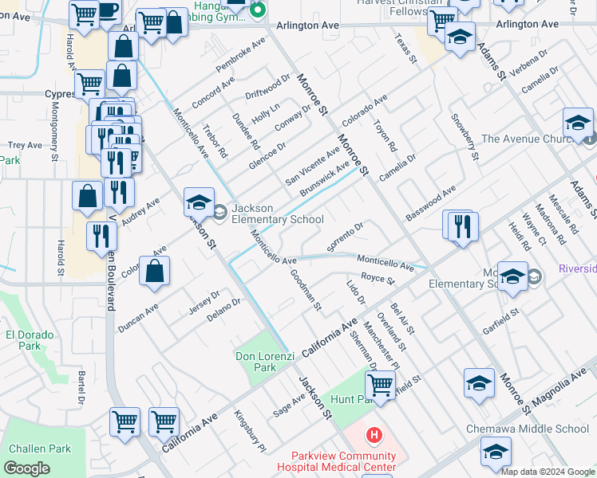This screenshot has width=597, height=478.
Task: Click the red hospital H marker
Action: pyautogui.click(x=373, y=435)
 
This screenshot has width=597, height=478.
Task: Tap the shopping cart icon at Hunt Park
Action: pyautogui.click(x=382, y=386)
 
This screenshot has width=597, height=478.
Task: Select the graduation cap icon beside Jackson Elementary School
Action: pyautogui.click(x=199, y=203)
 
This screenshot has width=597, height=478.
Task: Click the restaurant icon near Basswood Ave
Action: pyautogui.click(x=461, y=225)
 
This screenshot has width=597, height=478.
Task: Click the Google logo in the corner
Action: pyautogui.click(x=26, y=468)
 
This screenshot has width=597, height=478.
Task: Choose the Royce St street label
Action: pyautogui.click(x=378, y=279)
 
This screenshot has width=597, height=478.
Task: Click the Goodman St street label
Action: pyautogui.click(x=306, y=288)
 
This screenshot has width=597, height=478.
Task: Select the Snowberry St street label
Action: pyautogui.click(x=465, y=140)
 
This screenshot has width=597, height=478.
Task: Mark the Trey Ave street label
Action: pyautogui.click(x=24, y=145)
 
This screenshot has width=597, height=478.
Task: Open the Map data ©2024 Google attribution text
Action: pyautogui.click(x=548, y=472)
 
